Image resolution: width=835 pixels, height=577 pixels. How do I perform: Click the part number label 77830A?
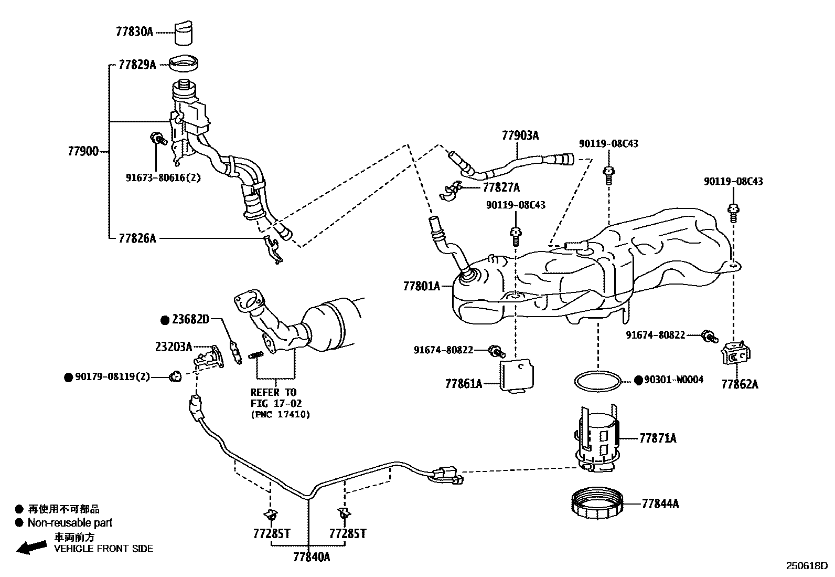point(134,32)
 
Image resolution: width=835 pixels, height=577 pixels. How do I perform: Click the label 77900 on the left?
point(83,152)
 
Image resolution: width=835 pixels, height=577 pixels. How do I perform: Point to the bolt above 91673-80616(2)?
point(157,139)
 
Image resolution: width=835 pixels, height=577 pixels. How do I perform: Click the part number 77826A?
point(137,238)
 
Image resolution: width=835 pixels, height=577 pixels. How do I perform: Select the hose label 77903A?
point(520,135)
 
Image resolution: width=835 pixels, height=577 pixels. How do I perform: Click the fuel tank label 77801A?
point(421,286)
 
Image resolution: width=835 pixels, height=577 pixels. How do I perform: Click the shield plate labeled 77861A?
point(518,374)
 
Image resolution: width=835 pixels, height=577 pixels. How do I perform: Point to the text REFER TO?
point(273,392)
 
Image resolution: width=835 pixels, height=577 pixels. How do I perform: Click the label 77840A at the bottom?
point(312,557)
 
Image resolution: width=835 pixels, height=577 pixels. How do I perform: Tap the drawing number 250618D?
point(806,566)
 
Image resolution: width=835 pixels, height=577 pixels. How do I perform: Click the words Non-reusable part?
point(70,522)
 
